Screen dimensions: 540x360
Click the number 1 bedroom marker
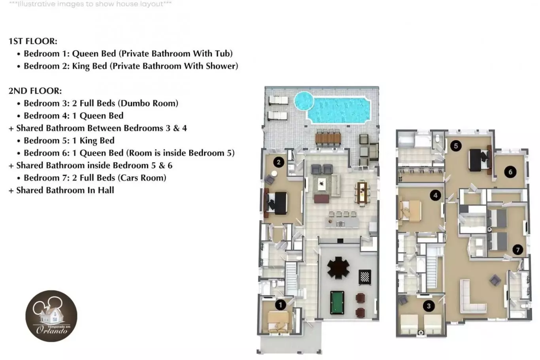click(x=280, y=305)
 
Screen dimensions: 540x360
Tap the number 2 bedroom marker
click(x=279, y=162)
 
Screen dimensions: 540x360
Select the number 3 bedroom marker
click(x=429, y=306)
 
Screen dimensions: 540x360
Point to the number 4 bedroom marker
click(x=435, y=196)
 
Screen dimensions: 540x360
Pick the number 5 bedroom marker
click(x=456, y=146)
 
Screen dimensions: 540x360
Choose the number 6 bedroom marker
click(x=510, y=172)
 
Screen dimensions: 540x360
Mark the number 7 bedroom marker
click(x=517, y=250)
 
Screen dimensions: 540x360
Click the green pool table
click(x=337, y=303)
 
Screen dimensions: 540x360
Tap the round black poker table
click(x=338, y=268)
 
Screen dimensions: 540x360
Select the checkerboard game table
click(x=365, y=277)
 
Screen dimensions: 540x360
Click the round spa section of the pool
click(x=304, y=101)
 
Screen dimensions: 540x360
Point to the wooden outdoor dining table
click(x=328, y=138)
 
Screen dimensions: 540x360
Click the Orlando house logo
click(x=51, y=316)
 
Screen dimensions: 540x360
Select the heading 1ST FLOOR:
click(x=33, y=41)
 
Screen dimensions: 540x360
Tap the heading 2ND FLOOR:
click(x=35, y=91)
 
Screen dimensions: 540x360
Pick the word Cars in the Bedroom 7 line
click(x=128, y=178)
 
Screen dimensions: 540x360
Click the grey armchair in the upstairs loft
click(x=495, y=280)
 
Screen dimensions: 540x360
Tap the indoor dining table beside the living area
click(x=362, y=192)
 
